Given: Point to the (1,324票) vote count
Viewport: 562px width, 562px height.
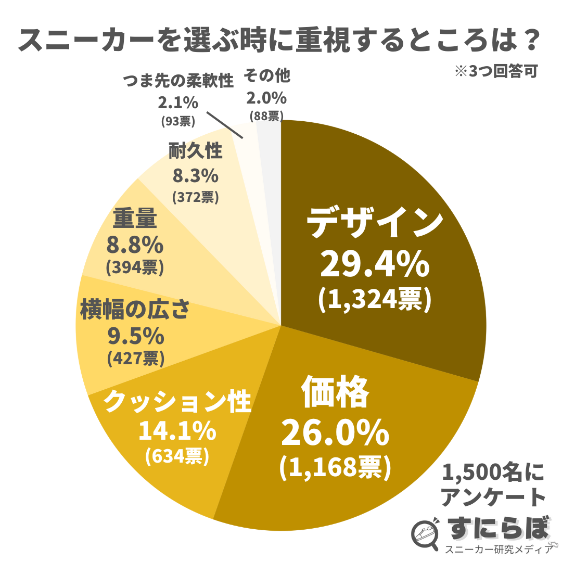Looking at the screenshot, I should click(x=375, y=299).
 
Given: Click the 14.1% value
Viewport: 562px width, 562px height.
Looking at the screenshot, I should click(x=177, y=431).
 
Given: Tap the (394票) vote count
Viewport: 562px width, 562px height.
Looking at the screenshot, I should click(x=135, y=267).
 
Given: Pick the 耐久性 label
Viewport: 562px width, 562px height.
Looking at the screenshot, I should click(x=195, y=151).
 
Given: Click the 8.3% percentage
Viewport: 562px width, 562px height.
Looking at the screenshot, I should click(x=195, y=176).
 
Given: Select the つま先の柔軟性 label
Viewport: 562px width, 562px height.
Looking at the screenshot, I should click(x=178, y=81).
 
